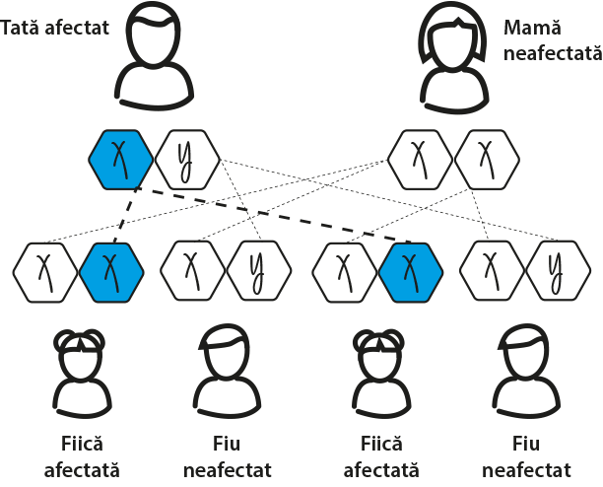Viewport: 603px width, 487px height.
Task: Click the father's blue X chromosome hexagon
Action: pos(120,159)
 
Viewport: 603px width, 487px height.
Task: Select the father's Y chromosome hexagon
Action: pos(184,159)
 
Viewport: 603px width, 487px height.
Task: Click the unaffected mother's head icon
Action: pos(453,42)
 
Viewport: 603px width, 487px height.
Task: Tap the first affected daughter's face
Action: pos(80,360)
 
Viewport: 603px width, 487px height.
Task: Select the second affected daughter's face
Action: pos(377,360)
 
